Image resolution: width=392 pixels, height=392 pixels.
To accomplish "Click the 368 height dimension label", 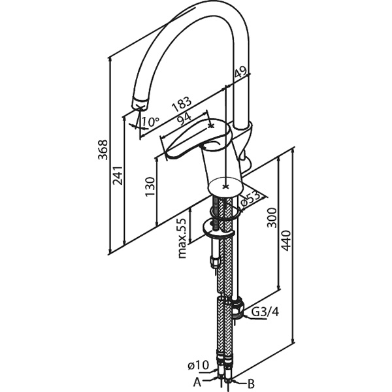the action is tap(103, 150).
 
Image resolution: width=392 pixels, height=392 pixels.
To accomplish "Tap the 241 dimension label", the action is tap(118, 175).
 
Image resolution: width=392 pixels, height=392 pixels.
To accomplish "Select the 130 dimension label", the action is tap(150, 187).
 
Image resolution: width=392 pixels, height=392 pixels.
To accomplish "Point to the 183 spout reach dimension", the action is tap(182, 104).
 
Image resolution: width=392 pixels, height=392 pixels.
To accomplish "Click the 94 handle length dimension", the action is tap(184, 119).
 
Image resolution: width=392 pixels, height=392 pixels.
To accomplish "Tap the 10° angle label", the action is tap(150, 122).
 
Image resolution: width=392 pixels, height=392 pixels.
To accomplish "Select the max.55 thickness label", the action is tap(182, 238).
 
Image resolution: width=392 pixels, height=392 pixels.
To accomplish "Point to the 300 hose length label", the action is tap(272, 218).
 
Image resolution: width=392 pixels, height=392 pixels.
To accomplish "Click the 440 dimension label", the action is tap(286, 240).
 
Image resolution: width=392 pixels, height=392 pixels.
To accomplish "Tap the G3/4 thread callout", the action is tap(265, 312).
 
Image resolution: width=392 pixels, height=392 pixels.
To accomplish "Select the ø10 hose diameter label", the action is tap(198, 366).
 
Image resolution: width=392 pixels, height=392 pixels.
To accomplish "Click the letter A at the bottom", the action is tap(197, 383).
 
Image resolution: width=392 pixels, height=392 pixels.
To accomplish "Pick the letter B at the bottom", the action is tap(251, 383).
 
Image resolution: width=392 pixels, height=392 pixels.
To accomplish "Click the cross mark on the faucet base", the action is tap(226, 186).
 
